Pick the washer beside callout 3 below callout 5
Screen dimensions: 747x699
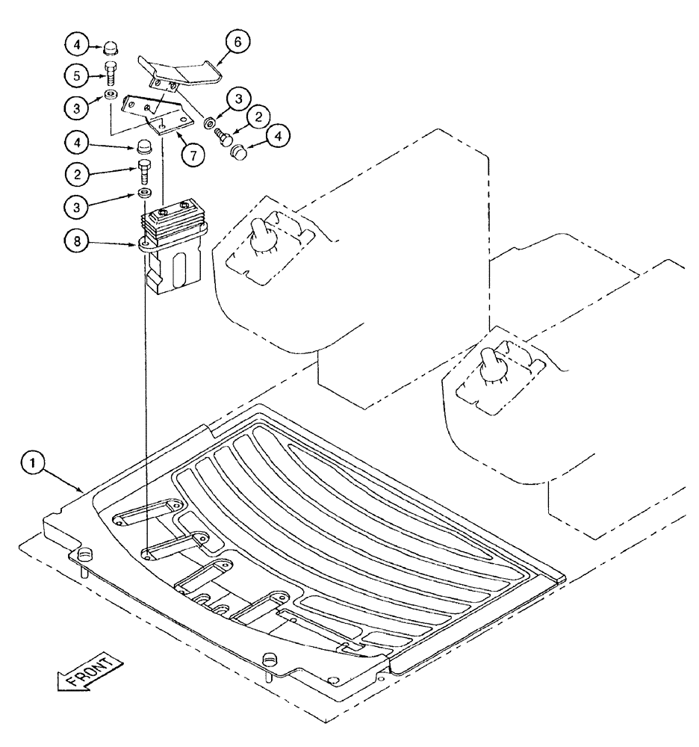[x=111, y=95]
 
